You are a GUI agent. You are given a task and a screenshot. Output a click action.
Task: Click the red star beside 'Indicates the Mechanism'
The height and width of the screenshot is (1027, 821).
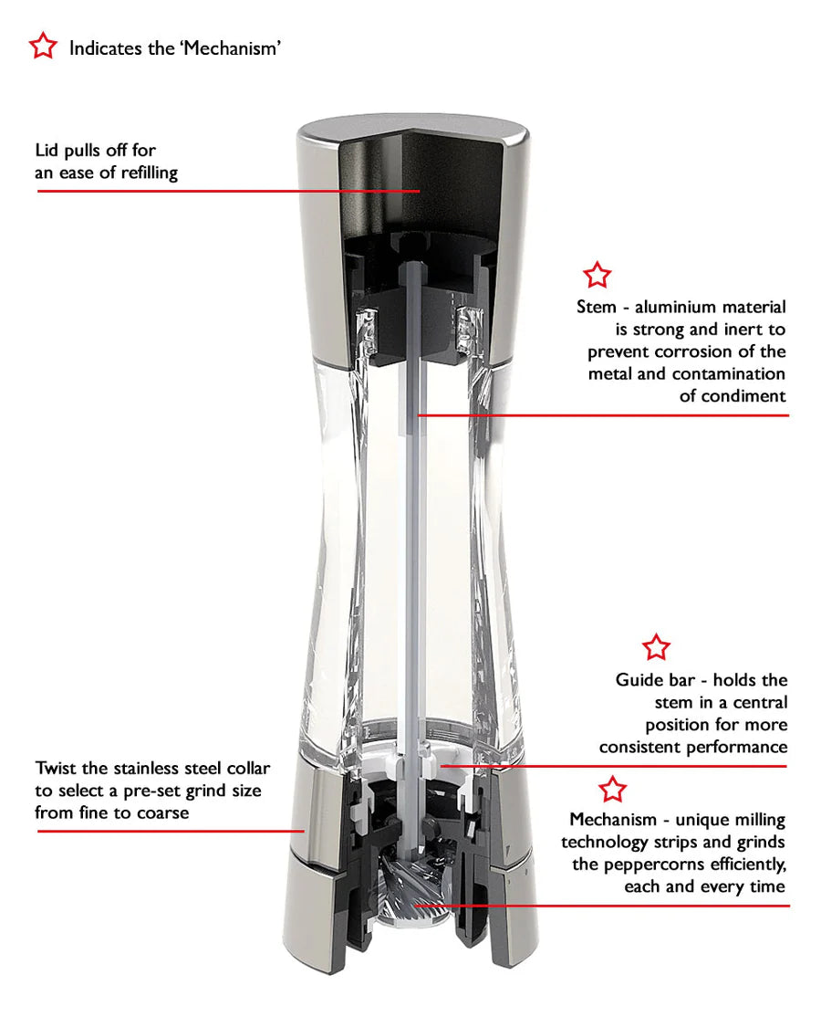(x=43, y=46)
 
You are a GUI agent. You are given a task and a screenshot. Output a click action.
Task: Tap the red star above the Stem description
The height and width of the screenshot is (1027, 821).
(x=598, y=275)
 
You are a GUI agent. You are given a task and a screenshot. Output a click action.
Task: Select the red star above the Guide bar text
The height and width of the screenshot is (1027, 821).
(x=656, y=647)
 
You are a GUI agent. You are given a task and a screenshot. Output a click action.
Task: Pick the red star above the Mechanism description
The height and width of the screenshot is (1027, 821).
(x=613, y=790)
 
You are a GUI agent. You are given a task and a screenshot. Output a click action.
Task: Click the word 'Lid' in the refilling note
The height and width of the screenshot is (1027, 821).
(x=47, y=150)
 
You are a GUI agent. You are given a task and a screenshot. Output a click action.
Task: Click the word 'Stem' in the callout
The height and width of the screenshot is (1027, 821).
(x=597, y=307)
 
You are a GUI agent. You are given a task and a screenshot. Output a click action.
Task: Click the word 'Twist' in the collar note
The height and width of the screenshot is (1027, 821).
(x=54, y=768)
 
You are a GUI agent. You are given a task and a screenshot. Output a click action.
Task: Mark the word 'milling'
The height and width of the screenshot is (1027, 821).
(x=760, y=820)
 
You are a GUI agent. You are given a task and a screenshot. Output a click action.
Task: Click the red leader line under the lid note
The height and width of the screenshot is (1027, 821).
(x=228, y=191)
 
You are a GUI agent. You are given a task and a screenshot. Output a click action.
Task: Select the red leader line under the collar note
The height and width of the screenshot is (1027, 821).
(x=171, y=831)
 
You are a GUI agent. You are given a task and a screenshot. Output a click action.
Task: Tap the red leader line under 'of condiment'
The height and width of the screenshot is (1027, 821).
(x=603, y=414)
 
